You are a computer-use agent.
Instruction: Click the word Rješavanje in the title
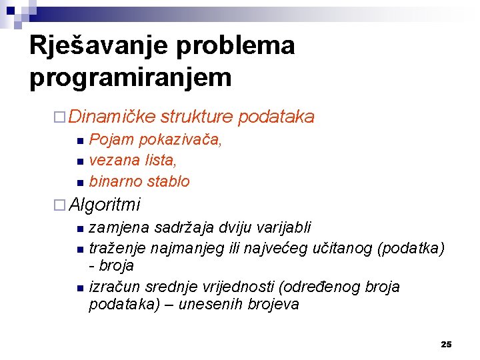click(x=99, y=47)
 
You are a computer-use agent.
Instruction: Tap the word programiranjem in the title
click(x=131, y=78)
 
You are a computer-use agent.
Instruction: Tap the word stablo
click(x=168, y=181)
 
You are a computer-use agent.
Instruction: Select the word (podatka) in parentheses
click(x=411, y=249)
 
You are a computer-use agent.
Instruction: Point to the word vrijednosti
click(x=239, y=287)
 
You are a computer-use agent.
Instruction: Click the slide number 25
click(x=446, y=344)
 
